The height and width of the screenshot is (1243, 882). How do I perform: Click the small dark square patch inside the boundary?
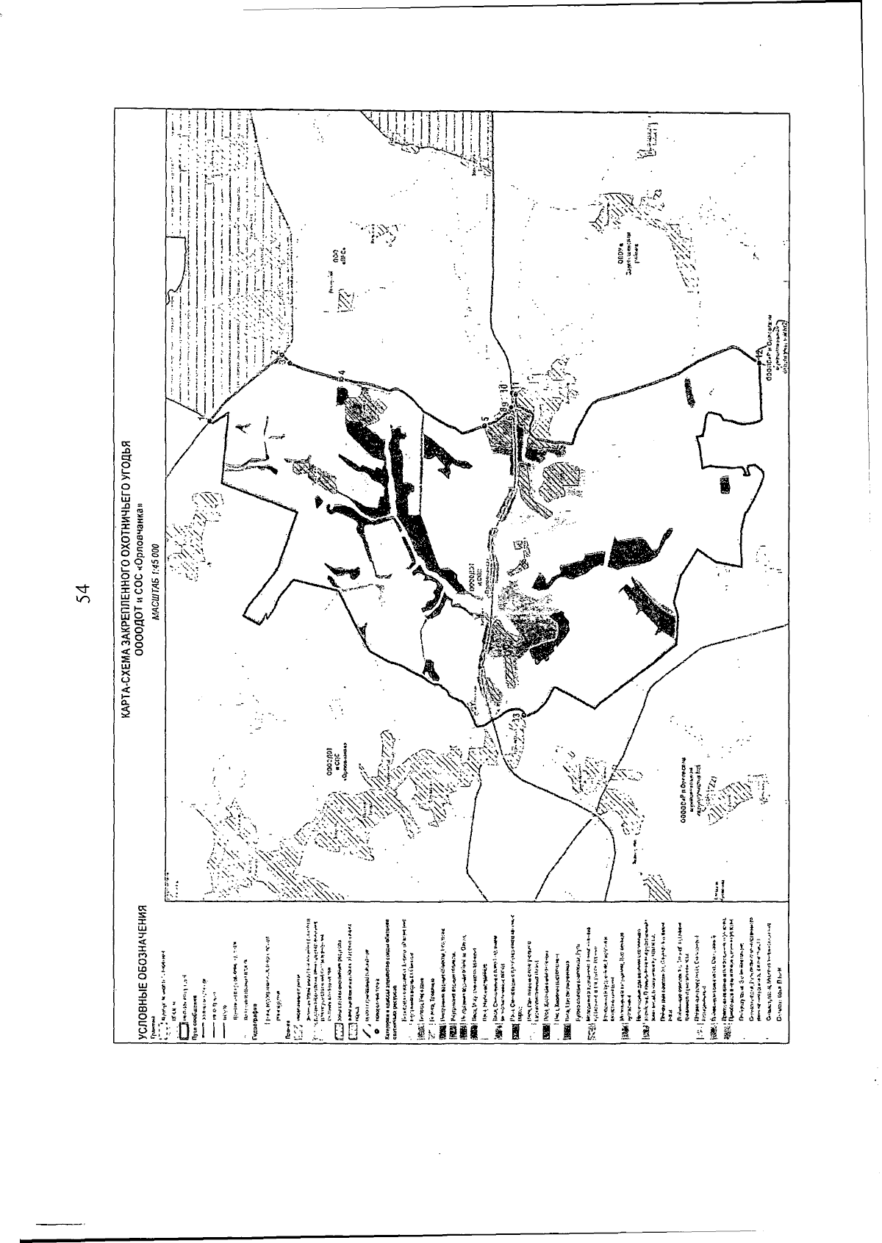click(725, 484)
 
